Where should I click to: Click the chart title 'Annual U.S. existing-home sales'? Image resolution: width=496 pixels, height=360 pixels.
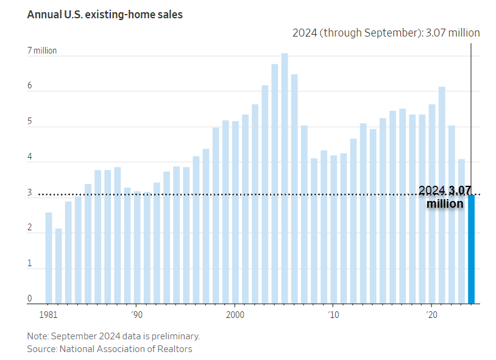pyautogui.click(x=105, y=14)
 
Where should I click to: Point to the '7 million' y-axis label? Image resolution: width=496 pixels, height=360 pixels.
pyautogui.click(x=42, y=51)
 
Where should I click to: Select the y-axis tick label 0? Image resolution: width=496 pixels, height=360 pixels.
pyautogui.click(x=29, y=299)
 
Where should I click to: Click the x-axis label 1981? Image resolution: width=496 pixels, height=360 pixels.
pyautogui.click(x=49, y=315)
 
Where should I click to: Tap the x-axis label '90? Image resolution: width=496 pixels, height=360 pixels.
pyautogui.click(x=137, y=315)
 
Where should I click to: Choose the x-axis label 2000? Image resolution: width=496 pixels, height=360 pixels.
pyautogui.click(x=235, y=315)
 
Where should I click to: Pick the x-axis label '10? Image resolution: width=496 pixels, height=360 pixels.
pyautogui.click(x=333, y=315)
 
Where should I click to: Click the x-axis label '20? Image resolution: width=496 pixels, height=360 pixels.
pyautogui.click(x=432, y=315)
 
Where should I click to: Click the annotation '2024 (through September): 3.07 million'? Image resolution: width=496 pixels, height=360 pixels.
pyautogui.click(x=386, y=33)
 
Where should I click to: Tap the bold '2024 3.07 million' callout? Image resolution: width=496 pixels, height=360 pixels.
pyautogui.click(x=445, y=197)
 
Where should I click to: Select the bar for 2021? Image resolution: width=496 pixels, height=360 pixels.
pyautogui.click(x=442, y=195)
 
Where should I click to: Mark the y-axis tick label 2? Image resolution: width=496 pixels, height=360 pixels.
pyautogui.click(x=29, y=228)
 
